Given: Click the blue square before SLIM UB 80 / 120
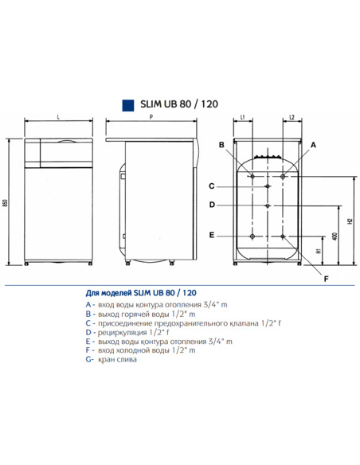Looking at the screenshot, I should point(124,104).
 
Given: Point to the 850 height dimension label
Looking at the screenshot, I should point(6,203).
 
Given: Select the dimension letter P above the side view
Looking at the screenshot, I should point(151,117).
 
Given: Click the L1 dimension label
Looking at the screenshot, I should point(242,117).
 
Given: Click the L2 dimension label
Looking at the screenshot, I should point(292,117).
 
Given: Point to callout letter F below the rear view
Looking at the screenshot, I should point(326,279).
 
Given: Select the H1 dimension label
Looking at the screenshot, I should point(318,250).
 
